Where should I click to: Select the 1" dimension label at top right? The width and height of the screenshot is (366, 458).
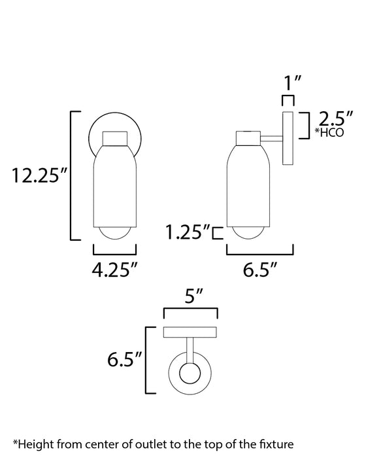pos(288,83)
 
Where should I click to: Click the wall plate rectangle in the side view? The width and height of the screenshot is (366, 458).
pos(288,138)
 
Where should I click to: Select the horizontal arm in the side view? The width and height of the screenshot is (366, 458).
pos(271,138)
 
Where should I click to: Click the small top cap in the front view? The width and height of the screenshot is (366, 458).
pos(115,139)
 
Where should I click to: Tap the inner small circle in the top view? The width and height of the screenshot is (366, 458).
pos(190,376)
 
